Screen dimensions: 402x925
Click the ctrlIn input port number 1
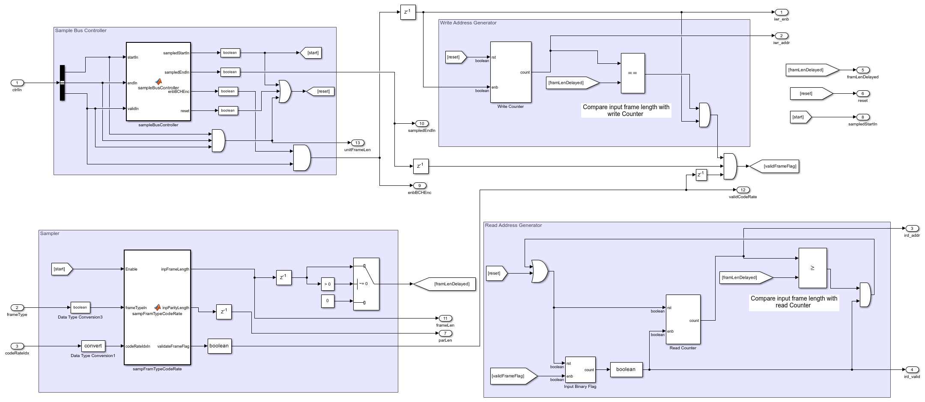pos(17,83)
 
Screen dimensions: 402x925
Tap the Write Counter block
pos(510,72)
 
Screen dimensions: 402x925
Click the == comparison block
pos(633,73)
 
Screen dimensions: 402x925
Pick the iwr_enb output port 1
pos(781,12)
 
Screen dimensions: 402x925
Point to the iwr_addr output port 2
pos(781,36)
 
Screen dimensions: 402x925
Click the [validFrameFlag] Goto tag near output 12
pos(774,166)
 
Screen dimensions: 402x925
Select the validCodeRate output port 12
pos(743,190)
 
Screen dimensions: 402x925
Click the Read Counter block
pos(683,319)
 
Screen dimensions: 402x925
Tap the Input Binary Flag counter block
pos(580,370)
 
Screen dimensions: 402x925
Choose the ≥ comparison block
pos(812,268)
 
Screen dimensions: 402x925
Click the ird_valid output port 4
pos(912,369)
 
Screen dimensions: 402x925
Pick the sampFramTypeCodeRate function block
pos(157,307)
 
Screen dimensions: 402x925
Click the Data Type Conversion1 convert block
pos(93,346)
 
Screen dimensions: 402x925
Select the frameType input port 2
pos(17,307)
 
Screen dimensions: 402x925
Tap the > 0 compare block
pos(328,284)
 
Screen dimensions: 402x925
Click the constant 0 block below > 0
pos(328,301)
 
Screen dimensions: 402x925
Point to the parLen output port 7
pos(445,333)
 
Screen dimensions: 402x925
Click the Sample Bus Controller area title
pos(81,31)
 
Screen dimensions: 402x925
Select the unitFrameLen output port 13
pos(357,143)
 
